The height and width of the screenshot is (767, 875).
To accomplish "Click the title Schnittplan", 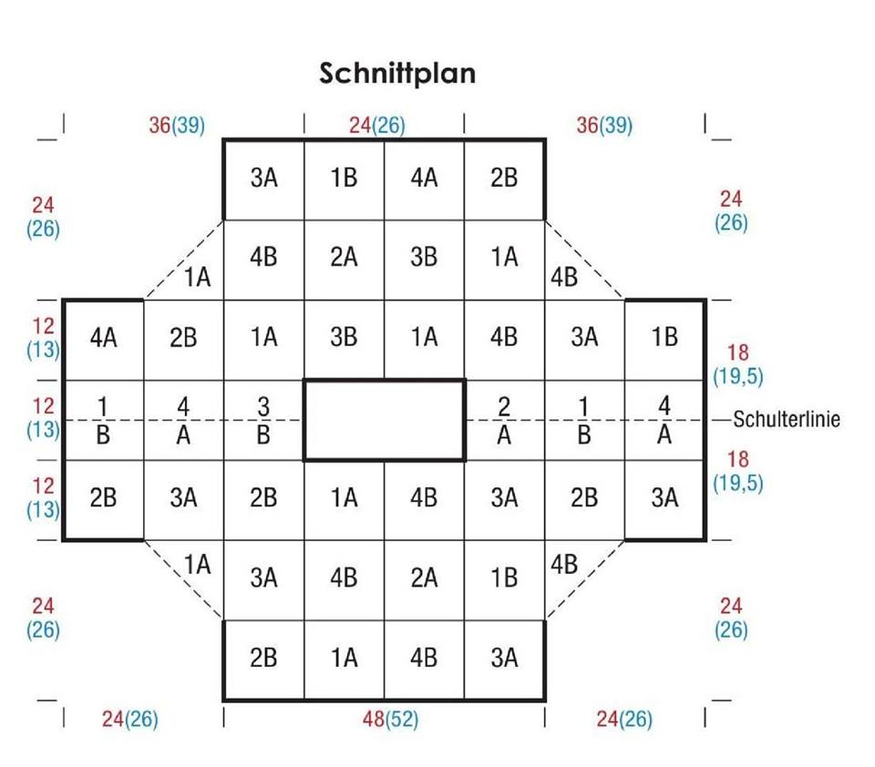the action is coord(397,73).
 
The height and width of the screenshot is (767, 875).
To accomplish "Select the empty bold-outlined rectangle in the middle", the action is coord(384,419).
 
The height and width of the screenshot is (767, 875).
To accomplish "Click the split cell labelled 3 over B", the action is coord(263,419).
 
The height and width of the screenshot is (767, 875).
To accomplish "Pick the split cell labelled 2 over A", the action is coord(504,419).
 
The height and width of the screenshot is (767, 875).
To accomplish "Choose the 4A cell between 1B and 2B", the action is coord(424,179).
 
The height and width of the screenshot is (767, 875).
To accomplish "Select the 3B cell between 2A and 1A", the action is coord(424,258).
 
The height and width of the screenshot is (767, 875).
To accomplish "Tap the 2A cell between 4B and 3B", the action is coord(344,258).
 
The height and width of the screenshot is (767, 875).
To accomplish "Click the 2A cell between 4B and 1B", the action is coord(424,578).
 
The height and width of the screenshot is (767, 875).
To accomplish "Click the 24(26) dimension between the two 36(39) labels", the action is coord(376,126).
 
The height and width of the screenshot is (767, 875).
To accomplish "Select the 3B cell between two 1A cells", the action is coord(344,338).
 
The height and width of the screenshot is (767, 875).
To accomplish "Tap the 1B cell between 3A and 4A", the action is coord(344,179).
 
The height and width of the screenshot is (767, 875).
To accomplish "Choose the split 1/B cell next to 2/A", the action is coord(584,419).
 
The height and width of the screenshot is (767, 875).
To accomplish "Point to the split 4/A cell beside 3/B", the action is coord(183,419).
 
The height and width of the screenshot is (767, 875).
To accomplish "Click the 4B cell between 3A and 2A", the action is coord(344,578).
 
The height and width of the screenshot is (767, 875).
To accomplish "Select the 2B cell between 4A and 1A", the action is coord(183,338).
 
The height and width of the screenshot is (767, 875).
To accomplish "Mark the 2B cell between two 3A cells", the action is coord(584,497).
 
